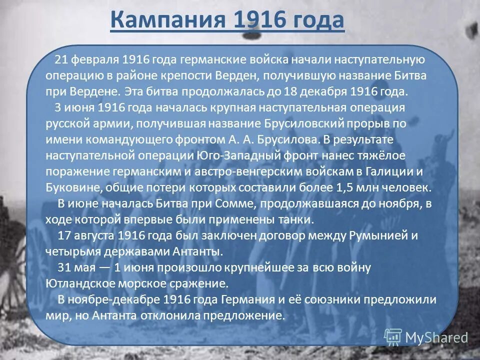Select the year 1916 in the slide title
[255, 20]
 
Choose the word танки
[294, 220]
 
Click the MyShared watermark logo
[426, 337]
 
